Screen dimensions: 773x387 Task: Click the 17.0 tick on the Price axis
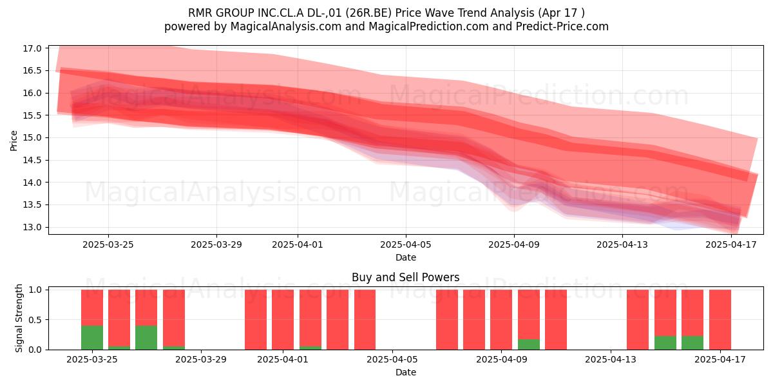(32, 48)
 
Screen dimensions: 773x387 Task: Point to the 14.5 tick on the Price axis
(32, 161)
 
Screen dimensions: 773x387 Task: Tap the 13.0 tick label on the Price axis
(32, 227)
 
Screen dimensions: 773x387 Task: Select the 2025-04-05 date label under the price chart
(405, 244)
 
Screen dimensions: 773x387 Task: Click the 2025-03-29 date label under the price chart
(216, 244)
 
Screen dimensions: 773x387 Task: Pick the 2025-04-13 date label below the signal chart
(611, 359)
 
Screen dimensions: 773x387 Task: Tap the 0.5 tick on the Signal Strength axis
(35, 320)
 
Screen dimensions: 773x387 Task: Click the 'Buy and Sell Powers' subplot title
(405, 277)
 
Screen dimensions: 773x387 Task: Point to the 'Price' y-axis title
(14, 141)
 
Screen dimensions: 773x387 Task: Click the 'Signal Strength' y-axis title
(19, 318)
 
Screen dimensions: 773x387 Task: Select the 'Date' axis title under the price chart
(405, 257)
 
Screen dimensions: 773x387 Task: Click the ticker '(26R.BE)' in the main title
(368, 13)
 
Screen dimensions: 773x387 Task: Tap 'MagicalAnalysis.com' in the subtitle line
(286, 26)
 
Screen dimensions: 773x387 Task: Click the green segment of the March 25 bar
(92, 337)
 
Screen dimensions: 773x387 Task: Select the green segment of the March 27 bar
(146, 337)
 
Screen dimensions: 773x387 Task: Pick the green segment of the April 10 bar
(529, 344)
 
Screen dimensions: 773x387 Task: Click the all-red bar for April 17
(720, 320)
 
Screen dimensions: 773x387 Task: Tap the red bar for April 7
(447, 320)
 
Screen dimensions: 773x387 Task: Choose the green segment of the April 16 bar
(692, 342)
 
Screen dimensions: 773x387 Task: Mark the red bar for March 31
(256, 320)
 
